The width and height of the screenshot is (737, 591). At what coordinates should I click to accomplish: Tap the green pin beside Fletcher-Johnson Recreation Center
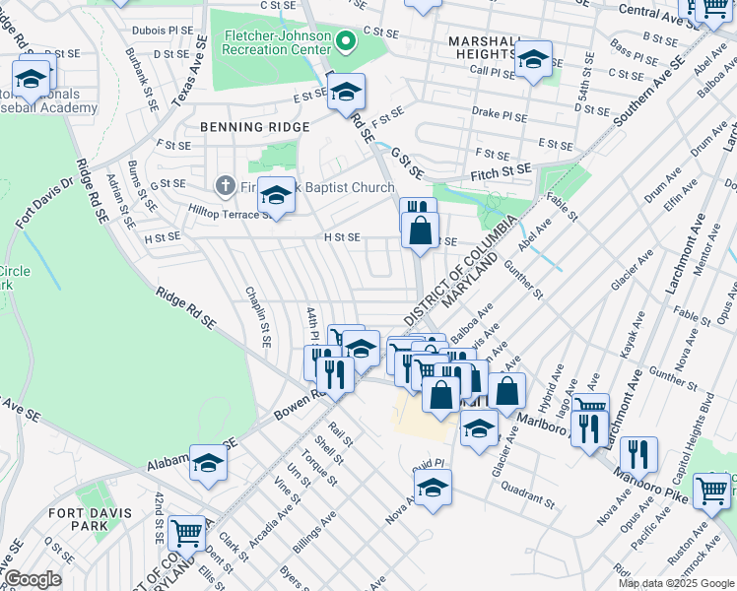[345, 41]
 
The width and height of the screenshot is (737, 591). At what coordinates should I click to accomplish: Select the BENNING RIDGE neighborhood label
[254, 127]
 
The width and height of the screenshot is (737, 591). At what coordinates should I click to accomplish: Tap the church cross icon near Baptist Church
[225, 185]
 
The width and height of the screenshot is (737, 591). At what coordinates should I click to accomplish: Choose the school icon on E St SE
[345, 93]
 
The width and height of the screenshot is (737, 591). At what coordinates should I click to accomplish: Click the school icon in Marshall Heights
[533, 60]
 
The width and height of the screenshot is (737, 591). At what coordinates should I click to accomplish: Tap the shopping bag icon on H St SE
[420, 232]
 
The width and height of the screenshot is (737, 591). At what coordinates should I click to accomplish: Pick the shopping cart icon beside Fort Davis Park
[186, 534]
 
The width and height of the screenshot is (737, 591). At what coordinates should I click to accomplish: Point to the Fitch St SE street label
[502, 173]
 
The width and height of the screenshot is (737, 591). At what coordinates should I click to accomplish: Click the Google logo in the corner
[33, 579]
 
